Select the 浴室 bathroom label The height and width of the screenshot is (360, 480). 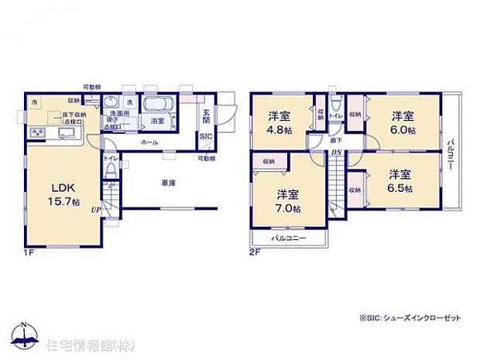pos(158,122)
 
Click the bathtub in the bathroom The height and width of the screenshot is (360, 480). pos(161,106)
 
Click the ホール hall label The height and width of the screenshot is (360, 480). pos(150,143)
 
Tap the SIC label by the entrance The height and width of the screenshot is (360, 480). pos(206,137)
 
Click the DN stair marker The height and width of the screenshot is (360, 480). pos(337,153)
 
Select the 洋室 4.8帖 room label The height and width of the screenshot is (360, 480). pos(279,123)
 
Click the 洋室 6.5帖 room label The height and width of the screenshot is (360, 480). pos(399,181)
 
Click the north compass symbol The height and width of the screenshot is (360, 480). pos(25,335)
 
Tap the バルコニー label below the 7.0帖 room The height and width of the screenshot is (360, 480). pos(289,238)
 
